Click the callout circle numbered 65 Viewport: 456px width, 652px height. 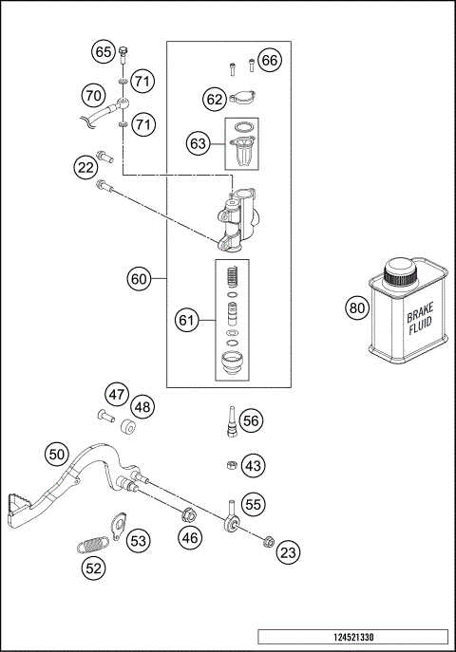tap(104, 52)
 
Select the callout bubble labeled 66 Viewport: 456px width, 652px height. tap(270, 61)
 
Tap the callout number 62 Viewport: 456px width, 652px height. tap(215, 97)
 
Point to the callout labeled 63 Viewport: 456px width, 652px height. tap(198, 143)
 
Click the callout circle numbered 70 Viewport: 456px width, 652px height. tap(92, 95)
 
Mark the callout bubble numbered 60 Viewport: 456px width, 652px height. tap(139, 279)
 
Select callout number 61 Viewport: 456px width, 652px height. tap(186, 321)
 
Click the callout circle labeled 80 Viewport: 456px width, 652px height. tap(356, 307)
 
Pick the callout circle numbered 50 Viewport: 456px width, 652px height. tap(57, 454)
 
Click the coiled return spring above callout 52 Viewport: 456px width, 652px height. tap(92, 545)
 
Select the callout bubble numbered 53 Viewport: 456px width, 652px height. tap(139, 541)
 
